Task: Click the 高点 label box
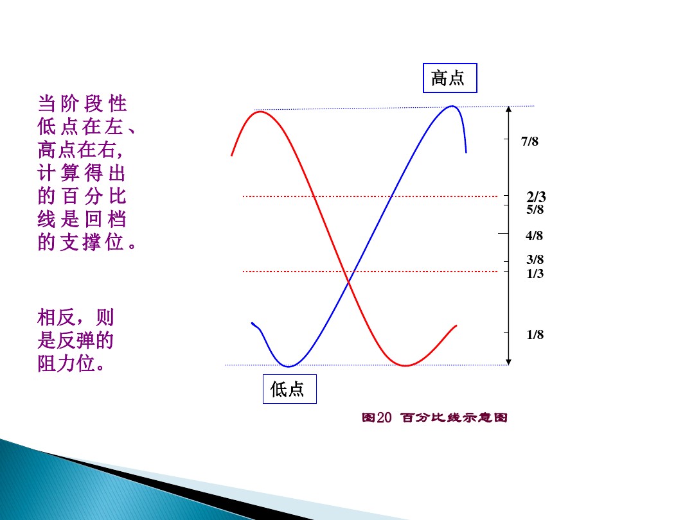(x=449, y=78)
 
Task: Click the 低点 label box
(x=289, y=389)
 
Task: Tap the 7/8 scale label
(x=530, y=142)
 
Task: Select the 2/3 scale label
(x=536, y=197)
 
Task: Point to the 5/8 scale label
(x=535, y=209)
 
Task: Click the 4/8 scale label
(x=534, y=236)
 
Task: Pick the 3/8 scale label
(x=535, y=260)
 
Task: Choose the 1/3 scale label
(x=535, y=274)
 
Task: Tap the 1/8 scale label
(x=535, y=334)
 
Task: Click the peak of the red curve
(x=260, y=112)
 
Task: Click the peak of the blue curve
(x=452, y=107)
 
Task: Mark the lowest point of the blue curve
(x=289, y=367)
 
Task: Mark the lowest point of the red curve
(x=405, y=366)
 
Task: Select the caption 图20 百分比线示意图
(x=434, y=418)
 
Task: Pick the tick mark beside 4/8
(x=503, y=232)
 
